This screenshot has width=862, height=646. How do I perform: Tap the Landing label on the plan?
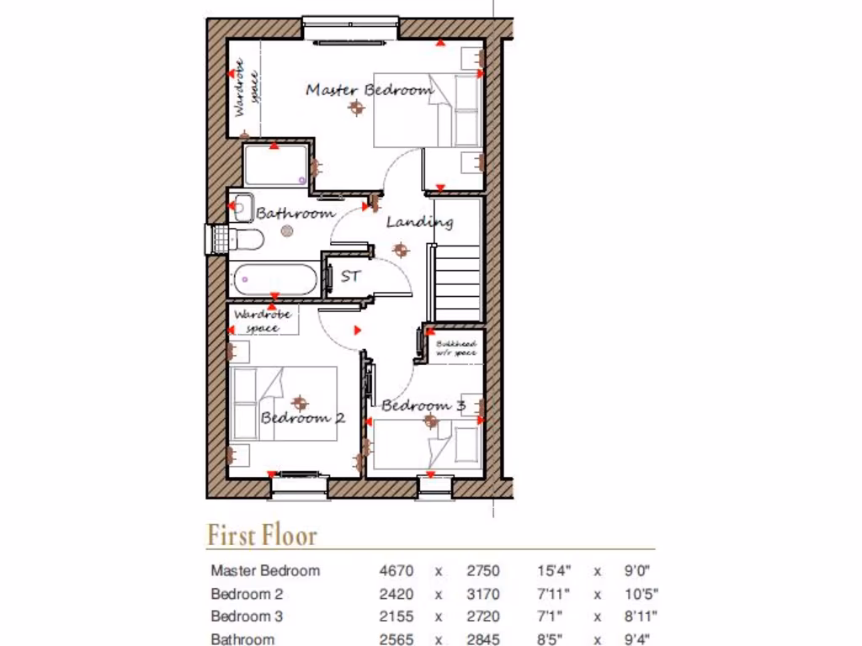tap(419, 222)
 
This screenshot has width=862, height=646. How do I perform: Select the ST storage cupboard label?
tap(350, 275)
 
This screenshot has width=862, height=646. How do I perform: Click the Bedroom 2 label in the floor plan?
tap(302, 417)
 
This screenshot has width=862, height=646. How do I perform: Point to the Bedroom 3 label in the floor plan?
tap(423, 405)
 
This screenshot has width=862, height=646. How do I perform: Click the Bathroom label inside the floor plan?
tap(295, 214)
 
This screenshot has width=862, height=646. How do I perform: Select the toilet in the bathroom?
tap(244, 239)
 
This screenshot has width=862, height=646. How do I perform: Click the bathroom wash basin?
tap(242, 206)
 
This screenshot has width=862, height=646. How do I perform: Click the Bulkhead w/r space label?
tap(456, 349)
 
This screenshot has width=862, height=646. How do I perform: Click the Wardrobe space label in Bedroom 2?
tap(263, 320)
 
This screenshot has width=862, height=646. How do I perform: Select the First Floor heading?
tap(262, 535)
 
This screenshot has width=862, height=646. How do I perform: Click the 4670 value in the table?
tap(396, 570)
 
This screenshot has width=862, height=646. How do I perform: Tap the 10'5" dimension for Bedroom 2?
tap(641, 594)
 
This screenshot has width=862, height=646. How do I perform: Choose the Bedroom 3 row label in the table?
tap(247, 616)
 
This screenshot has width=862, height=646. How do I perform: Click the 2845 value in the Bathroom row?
tap(483, 639)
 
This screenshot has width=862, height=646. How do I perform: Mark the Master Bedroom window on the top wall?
tap(350, 29)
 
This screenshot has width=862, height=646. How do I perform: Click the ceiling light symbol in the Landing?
tap(400, 249)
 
